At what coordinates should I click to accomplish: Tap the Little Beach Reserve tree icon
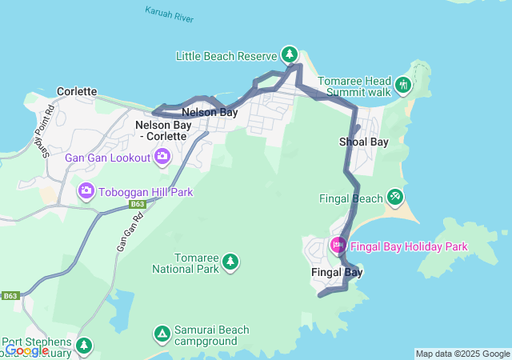(x=290, y=55)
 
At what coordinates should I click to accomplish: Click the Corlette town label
(x=77, y=92)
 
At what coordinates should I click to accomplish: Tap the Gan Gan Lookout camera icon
(x=162, y=157)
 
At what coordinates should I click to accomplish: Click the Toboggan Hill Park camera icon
(x=86, y=191)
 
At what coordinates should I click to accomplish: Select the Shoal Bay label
(x=363, y=142)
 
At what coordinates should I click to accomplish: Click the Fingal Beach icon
(x=394, y=197)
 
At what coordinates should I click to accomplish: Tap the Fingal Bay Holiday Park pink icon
(x=338, y=246)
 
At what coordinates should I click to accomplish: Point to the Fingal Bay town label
(x=336, y=272)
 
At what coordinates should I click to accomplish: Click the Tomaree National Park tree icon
(x=230, y=262)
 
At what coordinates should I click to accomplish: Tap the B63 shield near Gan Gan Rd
(x=137, y=205)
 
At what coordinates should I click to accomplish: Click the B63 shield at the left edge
(x=10, y=296)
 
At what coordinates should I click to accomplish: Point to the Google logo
(x=26, y=350)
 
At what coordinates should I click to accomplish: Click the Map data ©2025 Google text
(x=462, y=354)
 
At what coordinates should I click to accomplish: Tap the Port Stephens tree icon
(x=83, y=345)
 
